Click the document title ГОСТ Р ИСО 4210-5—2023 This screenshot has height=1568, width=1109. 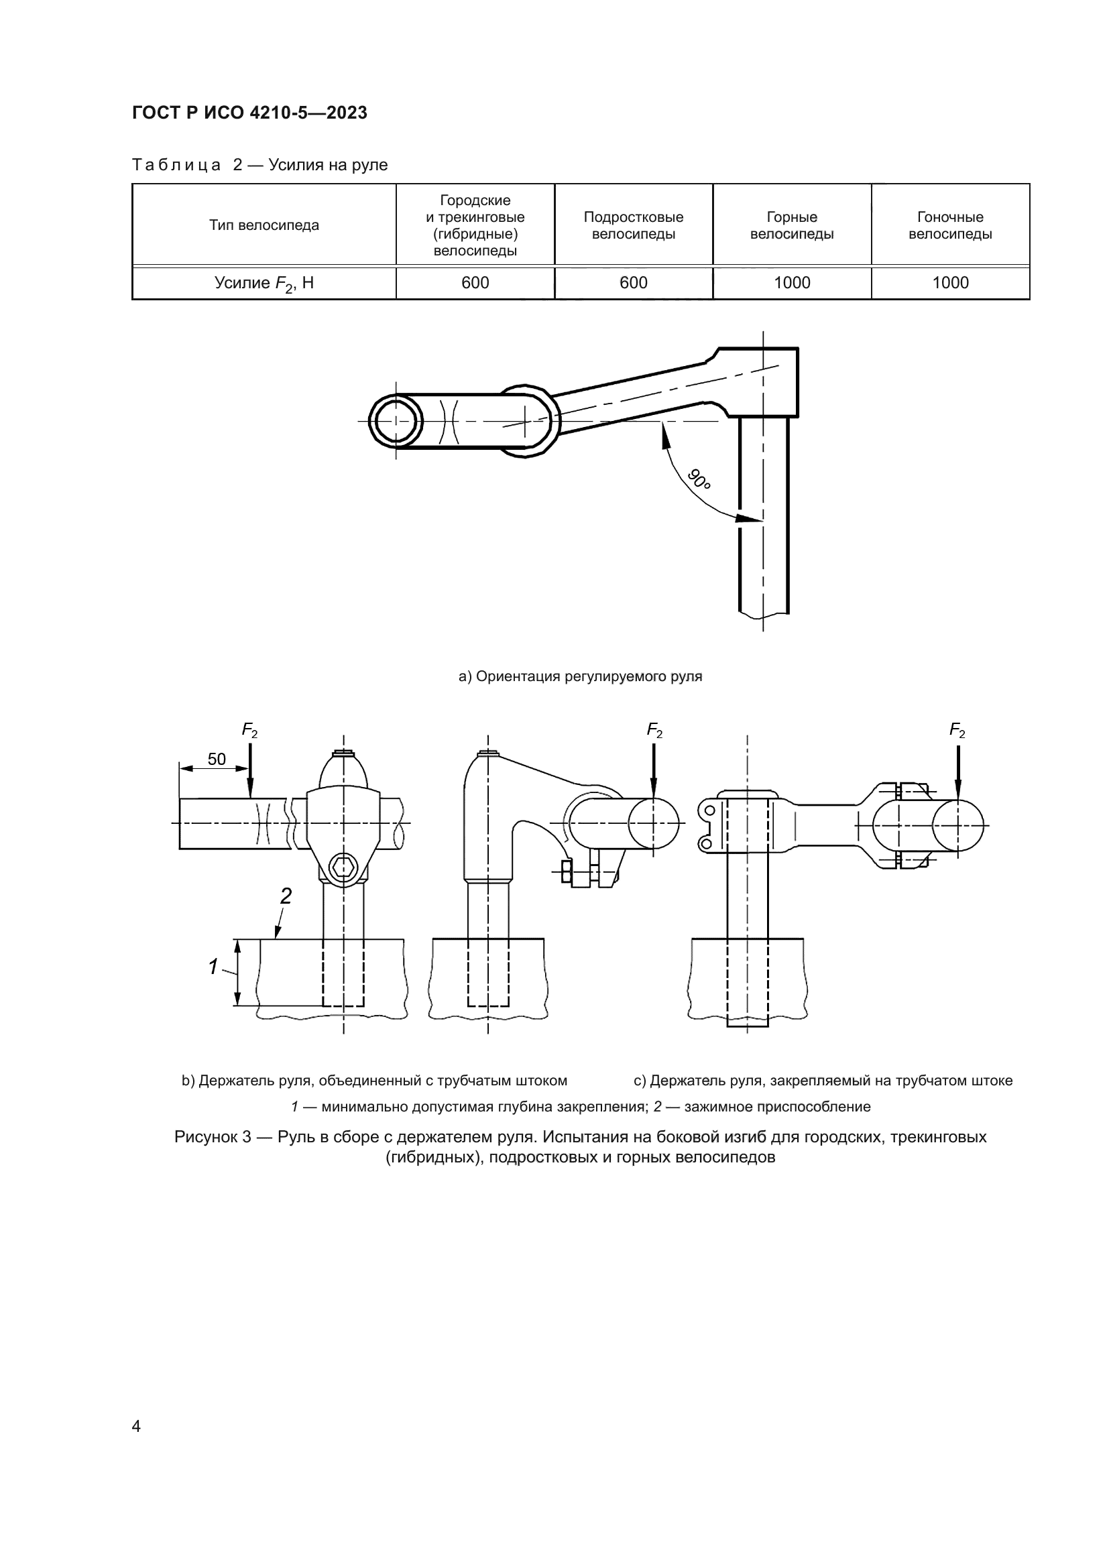coord(249,113)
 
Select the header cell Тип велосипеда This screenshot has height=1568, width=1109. coord(264,225)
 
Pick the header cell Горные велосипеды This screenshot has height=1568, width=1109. coord(791,225)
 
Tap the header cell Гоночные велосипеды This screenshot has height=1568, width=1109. coord(950,225)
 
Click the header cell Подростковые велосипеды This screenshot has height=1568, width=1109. coord(633,225)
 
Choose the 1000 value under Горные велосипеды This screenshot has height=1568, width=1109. coord(791,283)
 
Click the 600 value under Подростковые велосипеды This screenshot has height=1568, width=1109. coord(633,283)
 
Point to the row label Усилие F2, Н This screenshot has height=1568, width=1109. coord(264,284)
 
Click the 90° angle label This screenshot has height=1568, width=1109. coord(699,479)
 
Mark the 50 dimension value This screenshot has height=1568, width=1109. coord(217,760)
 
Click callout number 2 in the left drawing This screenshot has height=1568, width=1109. coord(286,896)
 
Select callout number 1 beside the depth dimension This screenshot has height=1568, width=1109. coord(213,967)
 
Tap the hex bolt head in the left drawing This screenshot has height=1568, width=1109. coord(343,868)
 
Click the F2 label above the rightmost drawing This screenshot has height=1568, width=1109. coord(957,731)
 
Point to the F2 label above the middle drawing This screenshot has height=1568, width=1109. coord(654,731)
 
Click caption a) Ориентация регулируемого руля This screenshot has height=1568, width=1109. coord(580,676)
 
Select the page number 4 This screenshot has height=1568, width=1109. coord(136,1426)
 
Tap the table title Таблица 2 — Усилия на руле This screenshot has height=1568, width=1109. coord(259,166)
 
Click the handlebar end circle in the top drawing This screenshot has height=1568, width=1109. coord(395,421)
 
